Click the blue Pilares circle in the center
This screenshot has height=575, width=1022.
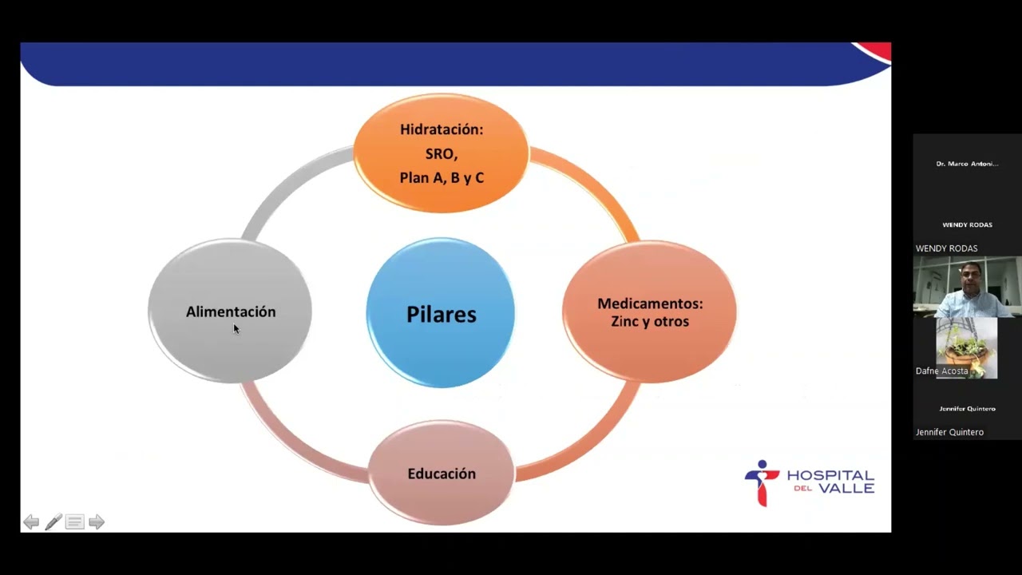coord(441,313)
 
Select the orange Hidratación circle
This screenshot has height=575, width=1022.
coord(442,153)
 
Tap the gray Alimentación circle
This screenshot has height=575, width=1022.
coord(231,311)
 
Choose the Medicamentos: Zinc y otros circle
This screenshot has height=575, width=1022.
coord(649,312)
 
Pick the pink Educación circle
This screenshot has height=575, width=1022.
coord(442,473)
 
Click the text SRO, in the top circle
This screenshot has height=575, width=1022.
coord(442,154)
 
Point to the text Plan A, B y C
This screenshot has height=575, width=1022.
coord(442,177)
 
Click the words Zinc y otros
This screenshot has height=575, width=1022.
coord(650,321)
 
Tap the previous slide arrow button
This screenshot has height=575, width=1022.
coord(31,521)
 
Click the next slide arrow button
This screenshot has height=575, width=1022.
coord(97,521)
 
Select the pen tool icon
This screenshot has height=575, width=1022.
coord(53,521)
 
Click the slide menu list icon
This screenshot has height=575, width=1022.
coord(75,521)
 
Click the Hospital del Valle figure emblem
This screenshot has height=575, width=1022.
coord(762,483)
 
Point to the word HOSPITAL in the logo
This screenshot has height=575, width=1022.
coord(830,475)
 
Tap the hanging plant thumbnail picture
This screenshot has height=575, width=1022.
coord(966,348)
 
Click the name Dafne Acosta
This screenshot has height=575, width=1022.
coord(941,371)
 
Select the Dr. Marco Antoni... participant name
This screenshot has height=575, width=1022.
coord(967,164)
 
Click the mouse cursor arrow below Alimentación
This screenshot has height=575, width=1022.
coord(236,328)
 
